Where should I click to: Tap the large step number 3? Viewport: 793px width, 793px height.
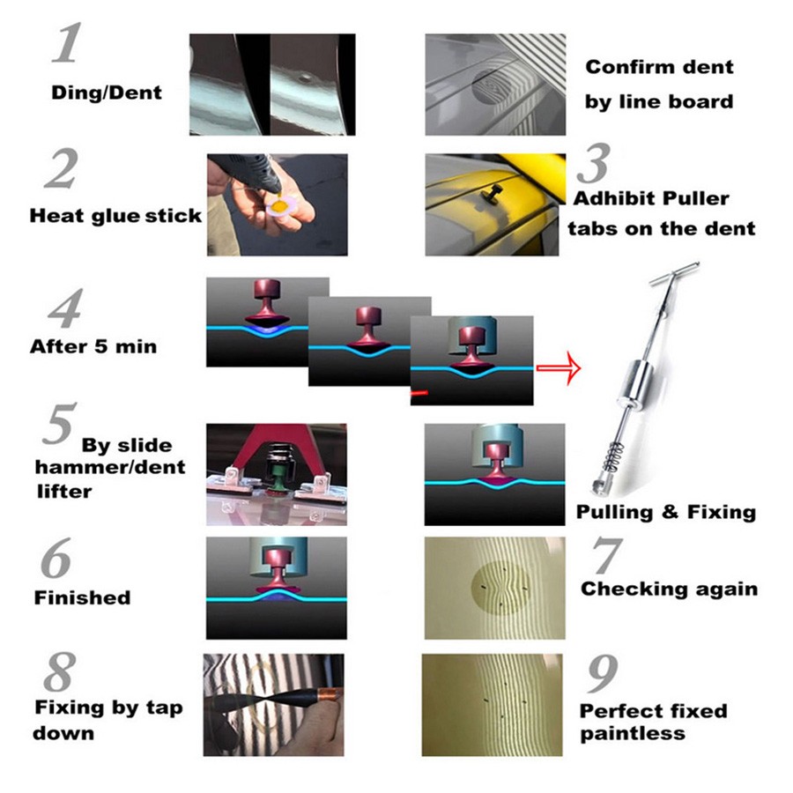point(594,163)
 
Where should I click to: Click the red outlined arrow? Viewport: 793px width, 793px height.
point(559,367)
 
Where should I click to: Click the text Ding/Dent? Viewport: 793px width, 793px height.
point(107,93)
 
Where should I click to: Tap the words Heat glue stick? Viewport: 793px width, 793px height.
point(115,216)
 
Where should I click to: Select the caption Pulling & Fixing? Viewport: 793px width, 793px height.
point(666,512)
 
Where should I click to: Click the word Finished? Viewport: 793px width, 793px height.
point(83,597)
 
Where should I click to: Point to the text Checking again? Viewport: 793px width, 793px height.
point(669,589)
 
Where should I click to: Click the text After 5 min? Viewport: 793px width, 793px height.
point(93,346)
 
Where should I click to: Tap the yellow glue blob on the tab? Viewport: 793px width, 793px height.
point(278,205)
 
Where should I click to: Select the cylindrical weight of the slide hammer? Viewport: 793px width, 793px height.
point(634,381)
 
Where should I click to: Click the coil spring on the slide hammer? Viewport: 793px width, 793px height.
point(613,456)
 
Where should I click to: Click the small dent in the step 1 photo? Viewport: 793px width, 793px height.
point(305,78)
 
